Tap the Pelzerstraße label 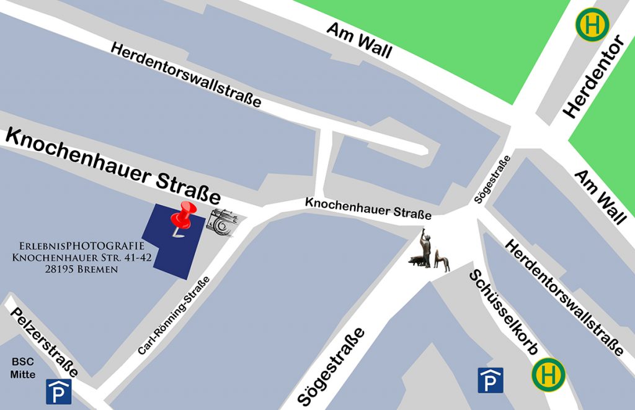click(45, 342)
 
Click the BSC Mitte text click(23, 368)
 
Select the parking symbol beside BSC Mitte click(59, 391)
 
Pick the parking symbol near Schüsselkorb click(490, 380)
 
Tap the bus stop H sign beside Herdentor click(592, 25)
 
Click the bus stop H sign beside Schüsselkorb click(548, 374)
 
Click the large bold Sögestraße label click(331, 367)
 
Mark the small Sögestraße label click(492, 180)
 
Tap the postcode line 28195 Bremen click(81, 270)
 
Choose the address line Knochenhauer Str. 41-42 click(82, 257)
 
